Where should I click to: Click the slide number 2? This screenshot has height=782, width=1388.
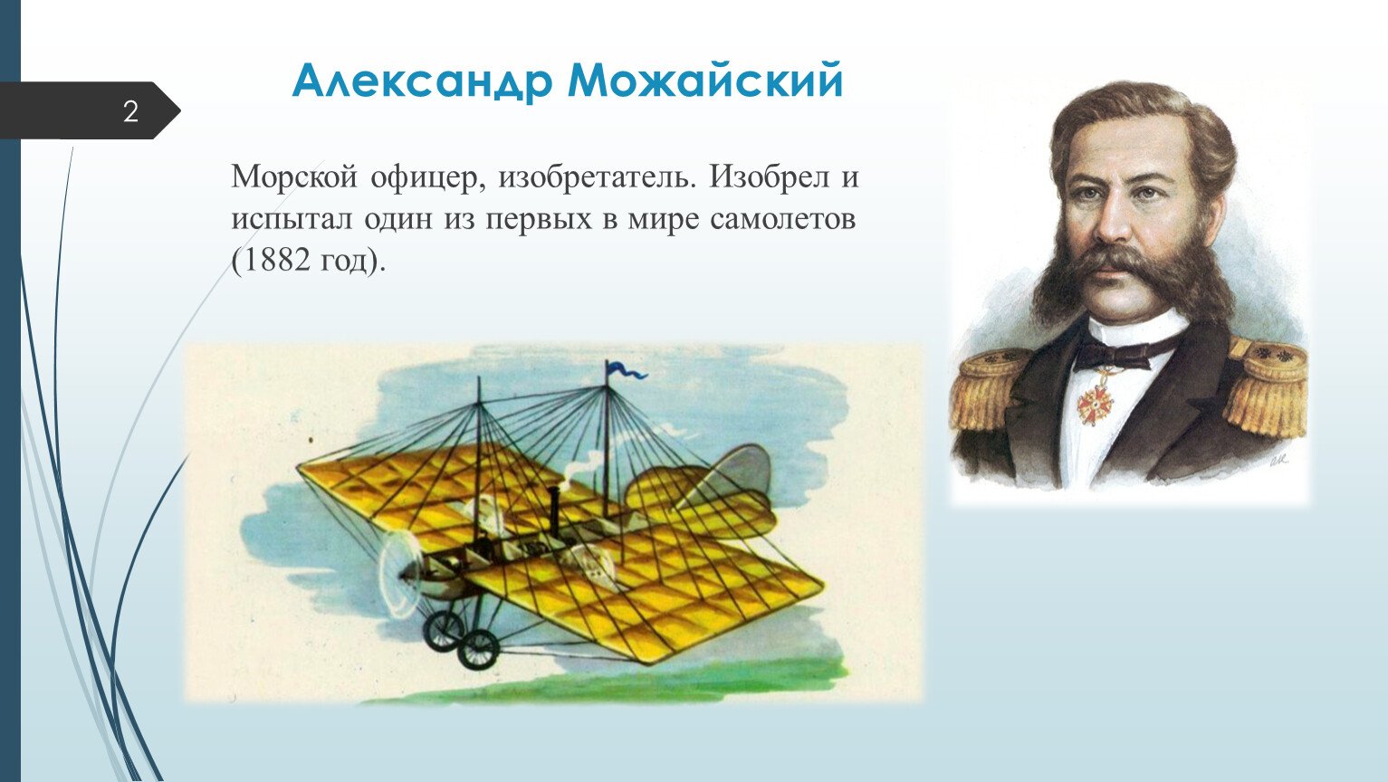(130, 112)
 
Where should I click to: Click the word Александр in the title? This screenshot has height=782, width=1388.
(421, 81)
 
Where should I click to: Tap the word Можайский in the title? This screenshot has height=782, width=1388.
(705, 80)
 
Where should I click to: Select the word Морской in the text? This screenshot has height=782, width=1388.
(294, 177)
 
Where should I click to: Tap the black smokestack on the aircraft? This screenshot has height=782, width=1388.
(553, 512)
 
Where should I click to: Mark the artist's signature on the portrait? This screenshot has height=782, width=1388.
(1278, 459)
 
